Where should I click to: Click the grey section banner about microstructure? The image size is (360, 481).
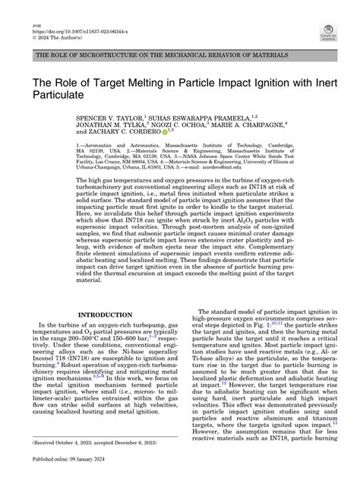click(x=180, y=57)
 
